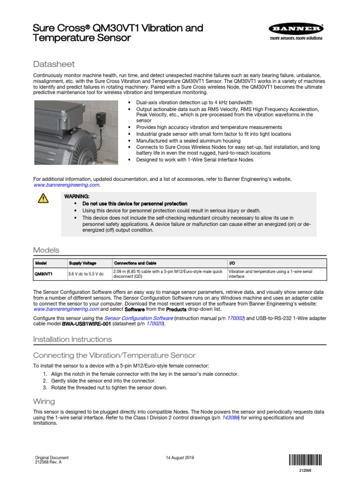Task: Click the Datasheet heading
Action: [x=54, y=64]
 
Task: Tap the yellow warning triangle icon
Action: [x=43, y=199]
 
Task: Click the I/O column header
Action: [x=232, y=263]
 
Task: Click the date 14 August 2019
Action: [x=180, y=458]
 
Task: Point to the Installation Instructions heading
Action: [x=73, y=339]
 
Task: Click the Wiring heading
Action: [x=44, y=401]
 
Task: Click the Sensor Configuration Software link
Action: [x=138, y=318]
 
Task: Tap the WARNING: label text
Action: [x=76, y=196]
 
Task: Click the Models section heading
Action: [x=46, y=250]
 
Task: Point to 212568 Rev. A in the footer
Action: [x=48, y=462]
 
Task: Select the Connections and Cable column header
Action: [x=135, y=263]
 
